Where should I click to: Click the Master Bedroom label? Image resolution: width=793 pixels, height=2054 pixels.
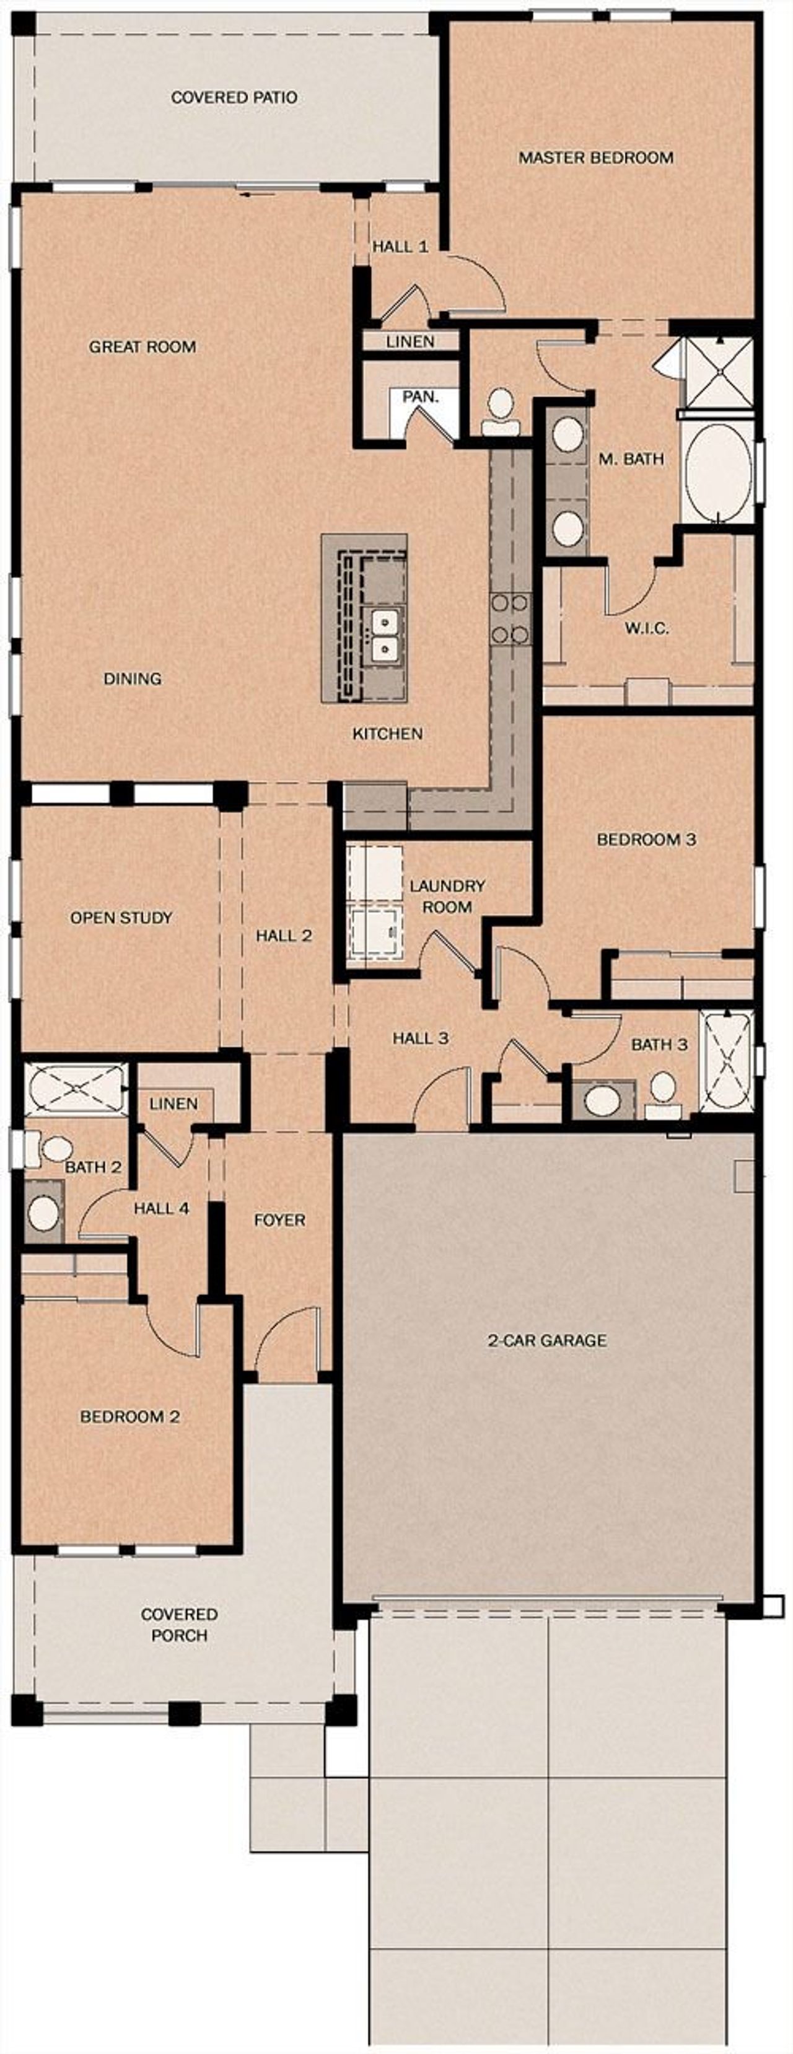coord(595,158)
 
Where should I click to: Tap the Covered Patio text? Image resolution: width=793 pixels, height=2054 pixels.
coord(234,97)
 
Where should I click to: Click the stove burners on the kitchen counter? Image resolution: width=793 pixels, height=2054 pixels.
coord(510,618)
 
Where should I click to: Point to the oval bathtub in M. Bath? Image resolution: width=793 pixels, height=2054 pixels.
coord(717,472)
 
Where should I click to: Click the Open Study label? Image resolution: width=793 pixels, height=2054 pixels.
coord(121,918)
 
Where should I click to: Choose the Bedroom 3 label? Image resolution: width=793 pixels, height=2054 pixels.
coord(646,840)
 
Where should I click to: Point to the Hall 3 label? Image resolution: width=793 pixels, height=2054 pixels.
coord(420,1038)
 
